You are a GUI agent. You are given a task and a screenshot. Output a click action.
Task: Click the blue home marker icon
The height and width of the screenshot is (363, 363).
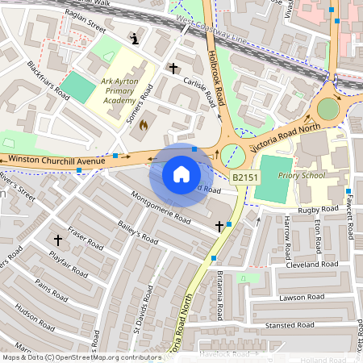(x=181, y=173)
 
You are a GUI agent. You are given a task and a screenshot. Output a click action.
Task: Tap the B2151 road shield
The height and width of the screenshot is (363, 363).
(x=245, y=177)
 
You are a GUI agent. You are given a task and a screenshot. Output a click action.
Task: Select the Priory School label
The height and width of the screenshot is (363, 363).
(x=295, y=173)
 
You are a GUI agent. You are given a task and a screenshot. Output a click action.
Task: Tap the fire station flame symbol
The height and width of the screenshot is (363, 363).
(x=144, y=125)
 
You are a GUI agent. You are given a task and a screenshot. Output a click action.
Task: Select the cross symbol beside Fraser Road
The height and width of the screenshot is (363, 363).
(x=57, y=240)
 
